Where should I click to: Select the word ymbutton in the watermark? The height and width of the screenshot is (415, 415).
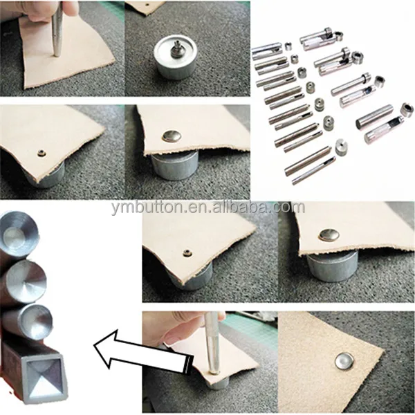[147, 208]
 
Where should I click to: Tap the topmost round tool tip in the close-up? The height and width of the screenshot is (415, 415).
[19, 230]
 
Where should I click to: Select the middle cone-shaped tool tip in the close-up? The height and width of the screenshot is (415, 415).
[26, 280]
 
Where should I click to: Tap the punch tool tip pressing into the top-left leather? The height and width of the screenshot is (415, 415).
[56, 54]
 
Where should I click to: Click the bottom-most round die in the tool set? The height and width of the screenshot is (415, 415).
[341, 148]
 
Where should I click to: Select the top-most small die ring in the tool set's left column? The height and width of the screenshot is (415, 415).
[288, 46]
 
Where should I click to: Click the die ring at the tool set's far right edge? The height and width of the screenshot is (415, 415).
[407, 109]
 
